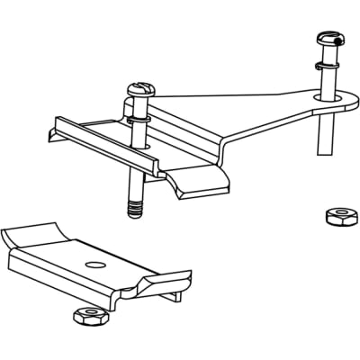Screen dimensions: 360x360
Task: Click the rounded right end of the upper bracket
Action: click(334, 103)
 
